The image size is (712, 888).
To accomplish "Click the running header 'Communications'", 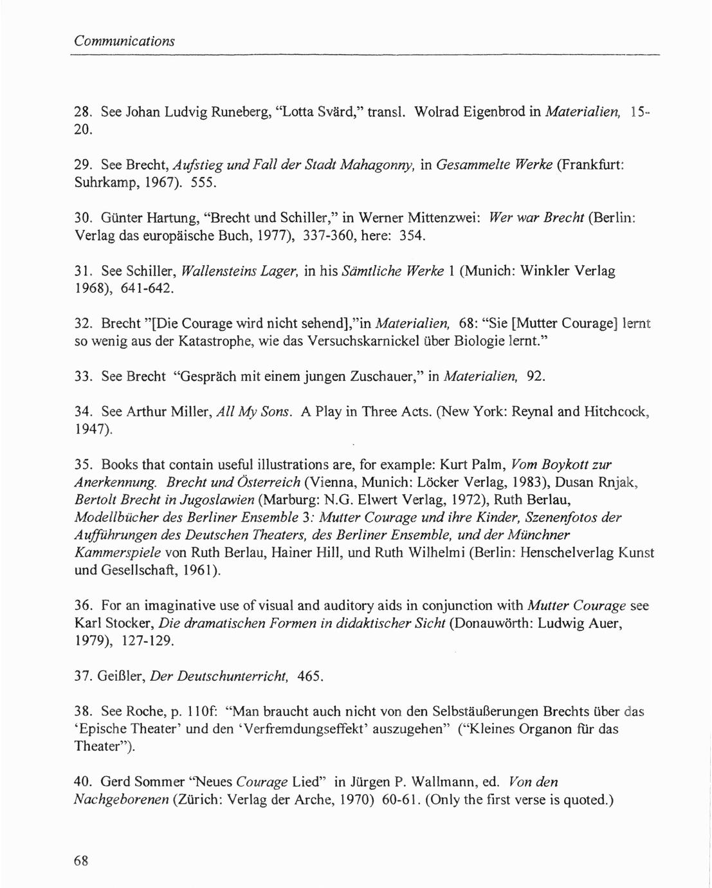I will click(124, 41).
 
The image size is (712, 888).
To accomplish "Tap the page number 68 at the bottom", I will click(80, 861).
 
